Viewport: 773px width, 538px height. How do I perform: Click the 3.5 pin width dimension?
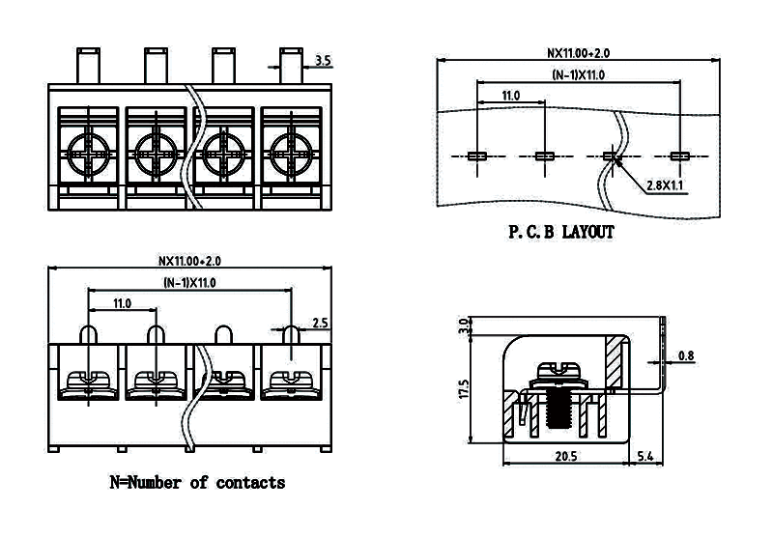tap(323, 61)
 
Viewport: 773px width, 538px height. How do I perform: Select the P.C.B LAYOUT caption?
tap(561, 233)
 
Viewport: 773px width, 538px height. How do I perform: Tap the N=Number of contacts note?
tap(197, 482)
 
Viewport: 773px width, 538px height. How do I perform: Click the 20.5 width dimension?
tap(566, 455)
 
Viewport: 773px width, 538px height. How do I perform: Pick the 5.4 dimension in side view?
tap(646, 455)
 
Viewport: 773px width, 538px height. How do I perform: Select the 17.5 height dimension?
tap(464, 389)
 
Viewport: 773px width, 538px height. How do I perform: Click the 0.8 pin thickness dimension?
tap(685, 356)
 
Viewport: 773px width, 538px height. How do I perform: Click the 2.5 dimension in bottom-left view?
tap(320, 323)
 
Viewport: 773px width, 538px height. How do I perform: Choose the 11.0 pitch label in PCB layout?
tap(511, 96)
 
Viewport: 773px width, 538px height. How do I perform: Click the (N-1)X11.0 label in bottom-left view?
tap(188, 282)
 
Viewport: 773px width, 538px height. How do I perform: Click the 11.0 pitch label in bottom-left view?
tap(122, 303)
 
